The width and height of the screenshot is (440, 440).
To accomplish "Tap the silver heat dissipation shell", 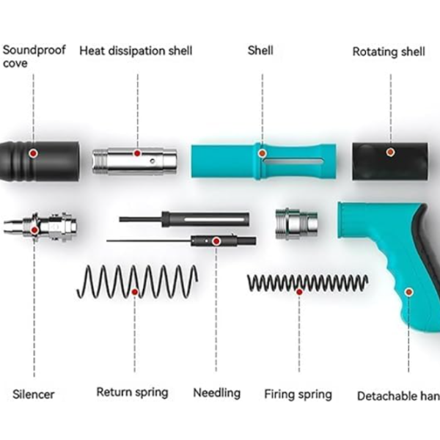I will [x=136, y=159].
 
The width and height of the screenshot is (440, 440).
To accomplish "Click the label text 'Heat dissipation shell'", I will [x=136, y=51].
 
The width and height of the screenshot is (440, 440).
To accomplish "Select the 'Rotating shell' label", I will [x=389, y=52].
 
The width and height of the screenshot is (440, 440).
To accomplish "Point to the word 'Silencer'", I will [x=34, y=394].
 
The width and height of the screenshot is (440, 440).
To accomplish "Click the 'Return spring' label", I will [x=132, y=392].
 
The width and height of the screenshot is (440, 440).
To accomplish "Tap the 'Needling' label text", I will [x=216, y=392].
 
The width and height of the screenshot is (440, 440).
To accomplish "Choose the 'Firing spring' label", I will [x=298, y=394].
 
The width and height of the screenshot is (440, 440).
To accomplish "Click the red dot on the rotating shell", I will [x=391, y=152].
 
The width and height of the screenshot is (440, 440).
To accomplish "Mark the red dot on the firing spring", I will [x=299, y=292].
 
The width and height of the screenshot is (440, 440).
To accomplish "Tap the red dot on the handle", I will [x=408, y=291].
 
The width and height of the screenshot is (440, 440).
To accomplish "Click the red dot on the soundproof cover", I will [x=33, y=153].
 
